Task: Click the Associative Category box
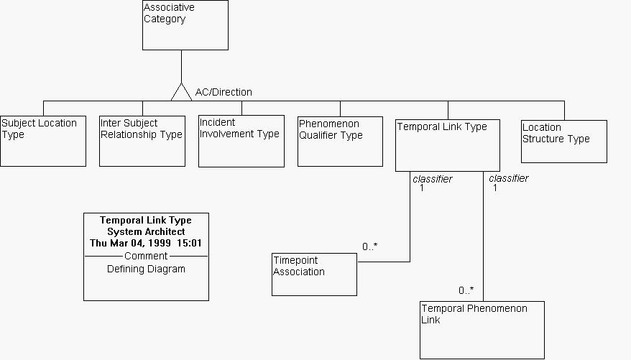(185, 25)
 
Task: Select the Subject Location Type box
(43, 141)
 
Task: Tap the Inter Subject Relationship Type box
(142, 141)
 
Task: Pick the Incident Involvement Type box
(241, 141)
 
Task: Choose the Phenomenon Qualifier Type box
(340, 141)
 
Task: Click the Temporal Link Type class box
(447, 144)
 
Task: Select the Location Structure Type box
(564, 141)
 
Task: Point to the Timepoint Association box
(314, 274)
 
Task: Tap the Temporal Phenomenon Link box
(482, 330)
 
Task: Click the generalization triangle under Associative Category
(181, 93)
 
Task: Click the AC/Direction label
(224, 92)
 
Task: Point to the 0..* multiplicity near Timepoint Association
(369, 246)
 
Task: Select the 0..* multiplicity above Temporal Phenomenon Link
(466, 290)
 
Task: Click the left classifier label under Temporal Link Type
(433, 179)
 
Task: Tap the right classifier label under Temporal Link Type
(509, 178)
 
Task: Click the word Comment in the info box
(146, 256)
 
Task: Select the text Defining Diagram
(146, 269)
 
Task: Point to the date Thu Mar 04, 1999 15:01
(146, 244)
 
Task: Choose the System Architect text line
(146, 231)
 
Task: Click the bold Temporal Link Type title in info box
(146, 220)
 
